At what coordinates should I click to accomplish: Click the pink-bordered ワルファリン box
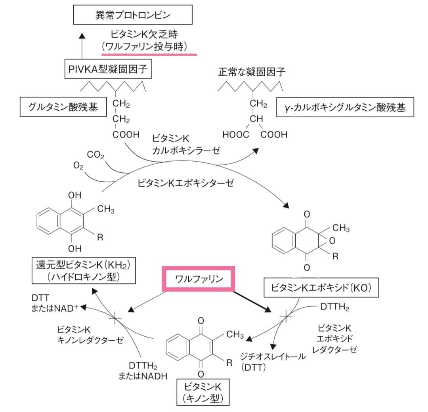(x=200, y=279)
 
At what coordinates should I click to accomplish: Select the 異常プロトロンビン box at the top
(x=133, y=16)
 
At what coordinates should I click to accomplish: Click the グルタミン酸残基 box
(x=63, y=107)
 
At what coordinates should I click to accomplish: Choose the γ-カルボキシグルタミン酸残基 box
(x=345, y=107)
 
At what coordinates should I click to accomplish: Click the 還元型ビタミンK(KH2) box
(x=81, y=270)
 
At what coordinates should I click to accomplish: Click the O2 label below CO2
(x=78, y=166)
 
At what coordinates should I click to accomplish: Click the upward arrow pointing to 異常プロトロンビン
(x=82, y=48)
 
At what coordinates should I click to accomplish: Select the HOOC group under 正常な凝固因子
(x=236, y=135)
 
